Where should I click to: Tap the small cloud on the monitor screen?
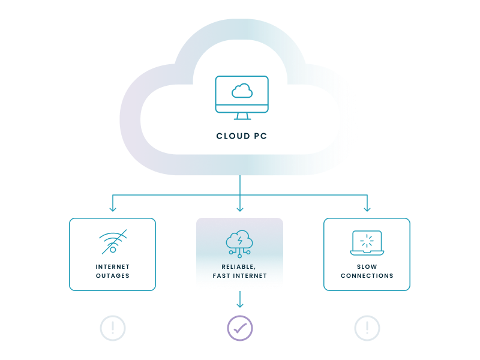(x=241, y=91)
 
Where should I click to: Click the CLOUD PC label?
(x=241, y=136)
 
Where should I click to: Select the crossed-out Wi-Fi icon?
(x=113, y=241)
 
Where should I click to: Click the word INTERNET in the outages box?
(x=113, y=266)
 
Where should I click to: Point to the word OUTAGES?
(x=113, y=276)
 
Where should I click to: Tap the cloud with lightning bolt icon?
(x=239, y=241)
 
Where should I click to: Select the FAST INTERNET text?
(x=239, y=276)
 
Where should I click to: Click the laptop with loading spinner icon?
(x=367, y=242)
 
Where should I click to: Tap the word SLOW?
(x=367, y=266)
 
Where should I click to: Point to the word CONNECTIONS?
(x=367, y=276)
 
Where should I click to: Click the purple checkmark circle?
(x=240, y=328)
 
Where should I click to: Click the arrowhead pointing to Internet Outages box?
(x=113, y=208)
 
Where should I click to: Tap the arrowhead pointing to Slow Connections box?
(x=367, y=208)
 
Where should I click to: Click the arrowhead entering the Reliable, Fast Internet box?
(x=240, y=208)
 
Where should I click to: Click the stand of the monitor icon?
(x=242, y=116)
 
